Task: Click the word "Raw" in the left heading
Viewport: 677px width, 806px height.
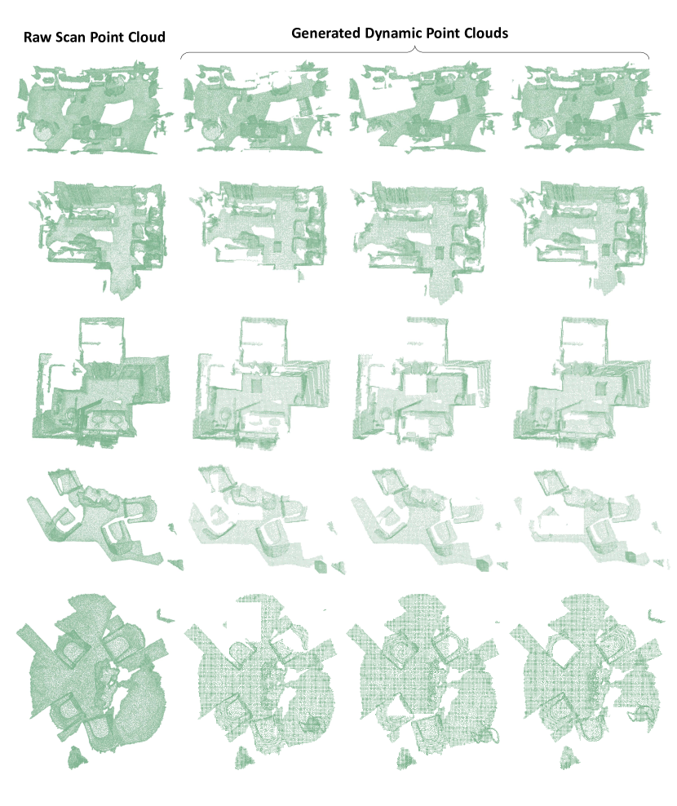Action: (37, 38)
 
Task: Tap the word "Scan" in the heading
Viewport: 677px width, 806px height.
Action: (70, 38)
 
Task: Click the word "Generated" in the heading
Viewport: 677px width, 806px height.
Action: (326, 33)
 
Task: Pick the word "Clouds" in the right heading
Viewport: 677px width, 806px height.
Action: (486, 33)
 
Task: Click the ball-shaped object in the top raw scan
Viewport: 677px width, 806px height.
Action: (43, 131)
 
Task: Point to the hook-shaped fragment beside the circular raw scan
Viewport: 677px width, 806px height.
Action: (166, 616)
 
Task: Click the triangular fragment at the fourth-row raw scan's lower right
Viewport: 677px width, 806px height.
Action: (176, 565)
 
